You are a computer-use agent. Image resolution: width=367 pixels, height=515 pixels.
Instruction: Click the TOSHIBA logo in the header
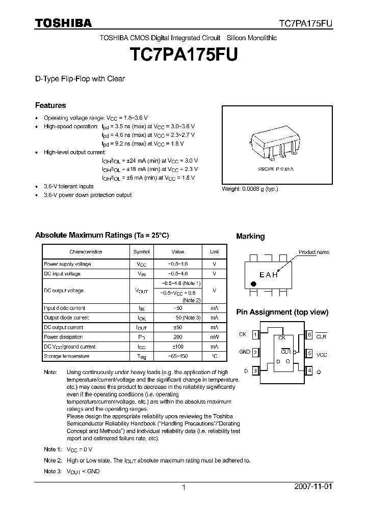click(x=63, y=23)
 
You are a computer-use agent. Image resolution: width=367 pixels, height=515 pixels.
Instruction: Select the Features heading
click(x=50, y=105)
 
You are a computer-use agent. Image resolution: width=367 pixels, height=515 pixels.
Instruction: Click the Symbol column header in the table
click(x=141, y=251)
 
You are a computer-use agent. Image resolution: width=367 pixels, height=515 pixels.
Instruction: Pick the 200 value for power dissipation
click(x=177, y=337)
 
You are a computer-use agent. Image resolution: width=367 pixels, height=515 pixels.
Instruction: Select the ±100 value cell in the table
click(x=177, y=347)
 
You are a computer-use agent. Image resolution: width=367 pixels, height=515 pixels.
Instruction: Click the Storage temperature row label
click(x=66, y=356)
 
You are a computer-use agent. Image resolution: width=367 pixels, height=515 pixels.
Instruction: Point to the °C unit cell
click(x=214, y=356)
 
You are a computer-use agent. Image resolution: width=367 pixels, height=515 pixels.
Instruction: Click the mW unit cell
click(x=214, y=337)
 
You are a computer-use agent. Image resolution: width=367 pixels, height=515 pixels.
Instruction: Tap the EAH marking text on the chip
click(x=269, y=275)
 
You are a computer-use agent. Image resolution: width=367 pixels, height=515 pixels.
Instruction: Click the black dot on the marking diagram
click(x=253, y=284)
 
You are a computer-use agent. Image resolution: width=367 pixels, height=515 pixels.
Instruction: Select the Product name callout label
click(x=313, y=252)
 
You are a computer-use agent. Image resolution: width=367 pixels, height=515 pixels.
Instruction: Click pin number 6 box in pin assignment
click(x=309, y=334)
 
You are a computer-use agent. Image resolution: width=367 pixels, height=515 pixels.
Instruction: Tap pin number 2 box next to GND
click(x=255, y=352)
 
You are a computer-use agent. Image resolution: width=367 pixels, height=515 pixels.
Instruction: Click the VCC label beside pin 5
click(x=322, y=355)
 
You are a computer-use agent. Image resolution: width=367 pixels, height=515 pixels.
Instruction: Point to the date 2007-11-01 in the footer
click(x=313, y=487)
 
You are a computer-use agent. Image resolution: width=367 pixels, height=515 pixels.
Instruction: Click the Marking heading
click(x=250, y=236)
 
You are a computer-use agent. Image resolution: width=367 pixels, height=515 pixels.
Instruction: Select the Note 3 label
click(x=53, y=471)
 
